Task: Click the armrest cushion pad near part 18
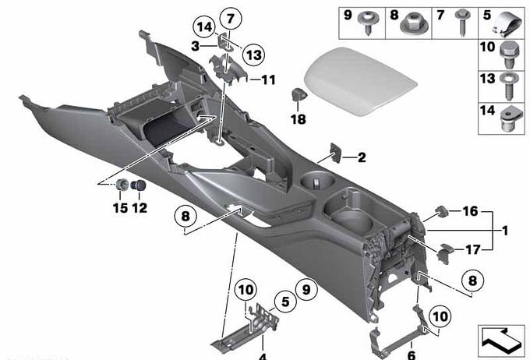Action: [x=359, y=81]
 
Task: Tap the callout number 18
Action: [x=298, y=119]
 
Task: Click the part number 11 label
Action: [x=268, y=79]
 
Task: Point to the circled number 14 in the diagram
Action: [x=204, y=27]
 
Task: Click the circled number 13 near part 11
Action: [x=253, y=54]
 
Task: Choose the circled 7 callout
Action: [x=231, y=19]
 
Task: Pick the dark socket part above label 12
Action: [x=138, y=185]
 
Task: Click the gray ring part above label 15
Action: [x=122, y=185]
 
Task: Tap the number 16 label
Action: [x=471, y=211]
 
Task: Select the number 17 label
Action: [x=473, y=250]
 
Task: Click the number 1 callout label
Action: [x=505, y=231]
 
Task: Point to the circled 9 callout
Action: [x=306, y=290]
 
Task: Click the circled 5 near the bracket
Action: [x=285, y=302]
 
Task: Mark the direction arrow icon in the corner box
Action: [x=500, y=341]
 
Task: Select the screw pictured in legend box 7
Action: [x=461, y=22]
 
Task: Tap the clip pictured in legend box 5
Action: [x=507, y=24]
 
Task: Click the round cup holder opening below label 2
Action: [x=318, y=179]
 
